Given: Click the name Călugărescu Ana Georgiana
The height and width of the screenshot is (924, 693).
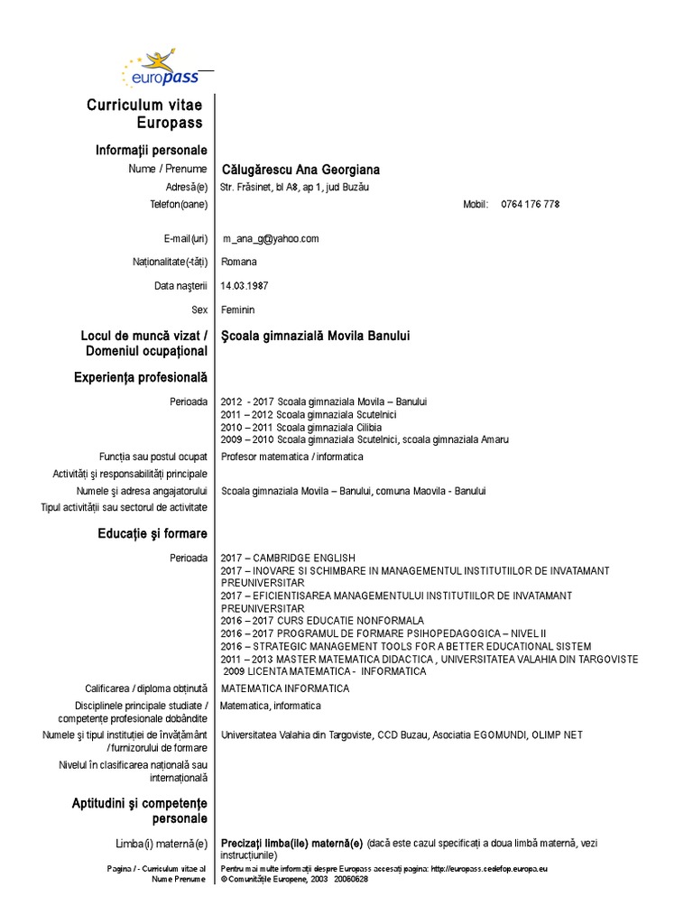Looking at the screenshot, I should pos(300,170).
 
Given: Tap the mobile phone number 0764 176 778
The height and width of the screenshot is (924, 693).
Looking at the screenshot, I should pos(531,205).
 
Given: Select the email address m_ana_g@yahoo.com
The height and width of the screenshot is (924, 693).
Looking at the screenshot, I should pos(271,239).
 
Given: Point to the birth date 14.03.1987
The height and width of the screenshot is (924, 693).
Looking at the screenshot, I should pos(245,286).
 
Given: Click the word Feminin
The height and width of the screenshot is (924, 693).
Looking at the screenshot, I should pos(238,310).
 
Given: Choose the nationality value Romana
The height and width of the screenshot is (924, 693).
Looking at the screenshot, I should pos(239,263).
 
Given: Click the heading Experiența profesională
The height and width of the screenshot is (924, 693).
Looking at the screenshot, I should pos(141,377).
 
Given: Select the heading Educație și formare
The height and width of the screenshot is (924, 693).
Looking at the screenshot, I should pos(152,534).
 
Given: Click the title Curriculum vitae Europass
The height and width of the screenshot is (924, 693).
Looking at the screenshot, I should pos(144,114).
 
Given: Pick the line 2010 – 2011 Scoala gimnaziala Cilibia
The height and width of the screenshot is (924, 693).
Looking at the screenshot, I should pos(301,427).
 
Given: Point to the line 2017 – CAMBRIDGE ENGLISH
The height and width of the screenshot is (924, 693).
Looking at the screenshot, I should pos(289,558).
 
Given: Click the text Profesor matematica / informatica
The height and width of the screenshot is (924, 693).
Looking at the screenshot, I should pos(292,457).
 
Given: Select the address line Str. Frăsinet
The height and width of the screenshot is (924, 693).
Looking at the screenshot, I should pos(295,188).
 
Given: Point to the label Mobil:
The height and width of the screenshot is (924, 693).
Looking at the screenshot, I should pos(476,205).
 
